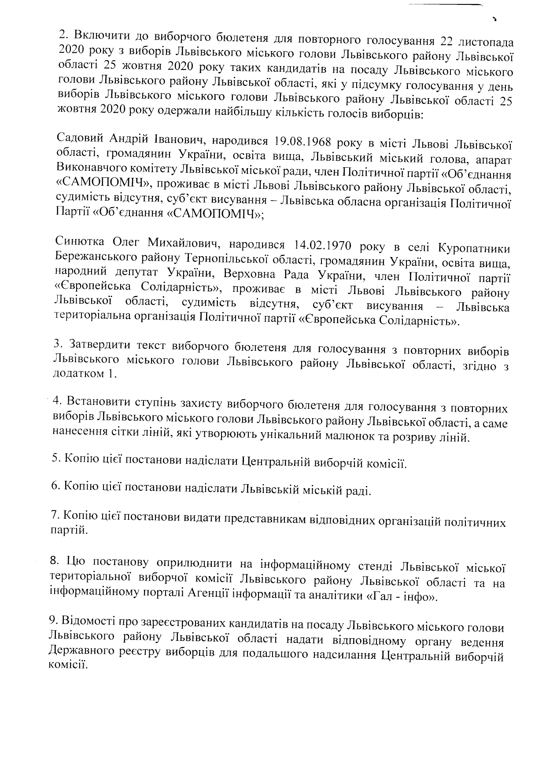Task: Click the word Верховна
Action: [x=244, y=274]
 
